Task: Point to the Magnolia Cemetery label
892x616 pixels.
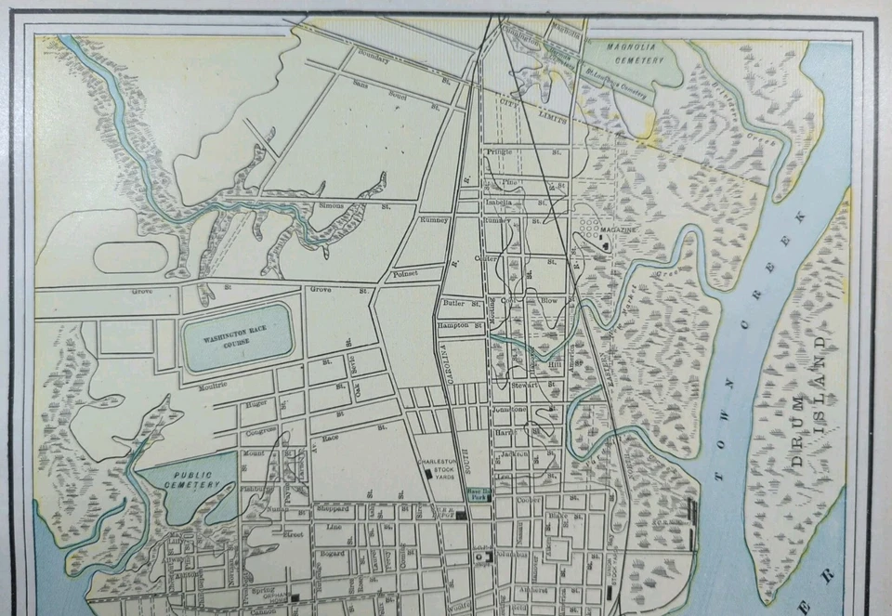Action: click(x=636, y=52)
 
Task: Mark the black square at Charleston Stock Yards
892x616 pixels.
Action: click(x=428, y=473)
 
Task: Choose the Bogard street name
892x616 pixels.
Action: click(x=333, y=554)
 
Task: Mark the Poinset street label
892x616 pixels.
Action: click(x=406, y=274)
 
